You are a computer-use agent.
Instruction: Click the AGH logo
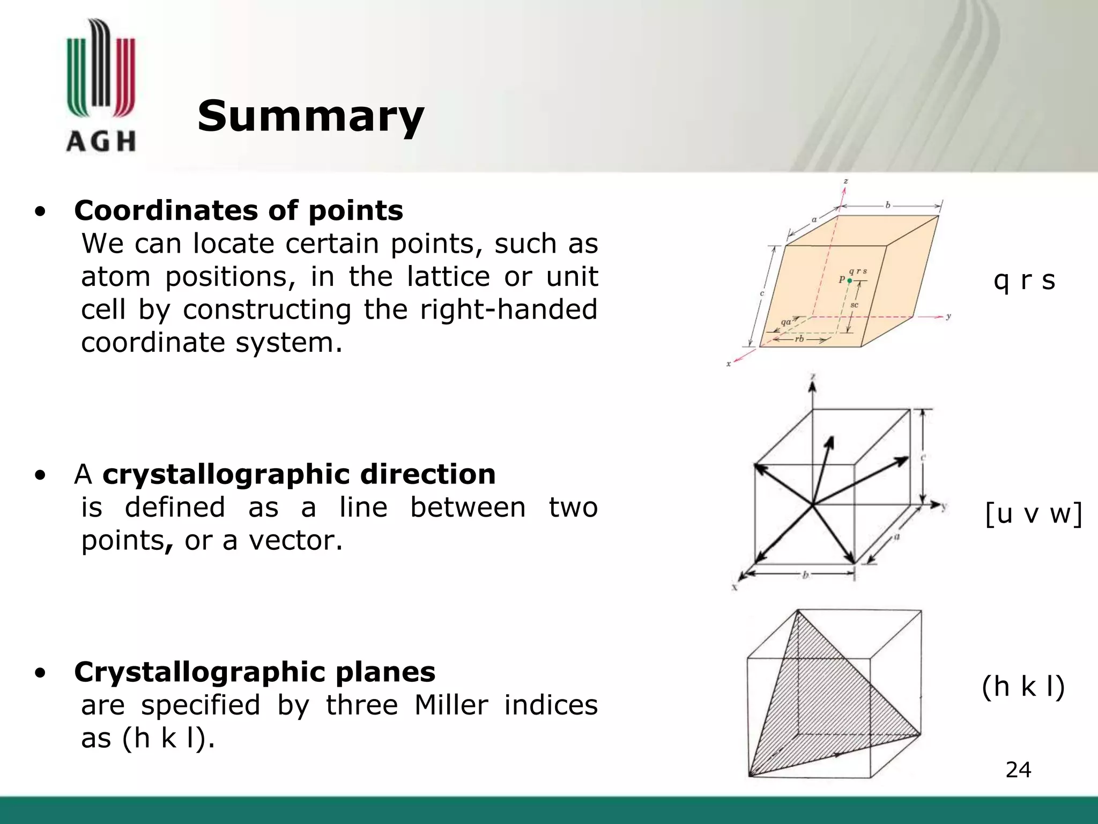(101, 86)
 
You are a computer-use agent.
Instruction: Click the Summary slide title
(310, 116)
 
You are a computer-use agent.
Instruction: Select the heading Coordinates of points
(239, 210)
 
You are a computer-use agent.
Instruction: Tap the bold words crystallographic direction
(299, 474)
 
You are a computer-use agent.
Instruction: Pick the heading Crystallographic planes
(255, 672)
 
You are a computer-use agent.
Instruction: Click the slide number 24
(1018, 770)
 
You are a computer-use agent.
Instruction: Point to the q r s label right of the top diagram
(1024, 280)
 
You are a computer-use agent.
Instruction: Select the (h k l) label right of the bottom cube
(1023, 687)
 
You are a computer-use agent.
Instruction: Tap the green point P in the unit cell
(849, 281)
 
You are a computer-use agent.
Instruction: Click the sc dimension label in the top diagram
(855, 305)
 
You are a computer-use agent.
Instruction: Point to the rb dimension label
(799, 339)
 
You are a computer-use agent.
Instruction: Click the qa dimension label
(786, 322)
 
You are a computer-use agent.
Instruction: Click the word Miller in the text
(451, 705)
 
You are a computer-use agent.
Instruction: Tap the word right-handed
(508, 310)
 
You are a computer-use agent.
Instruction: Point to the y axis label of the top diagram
(948, 317)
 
